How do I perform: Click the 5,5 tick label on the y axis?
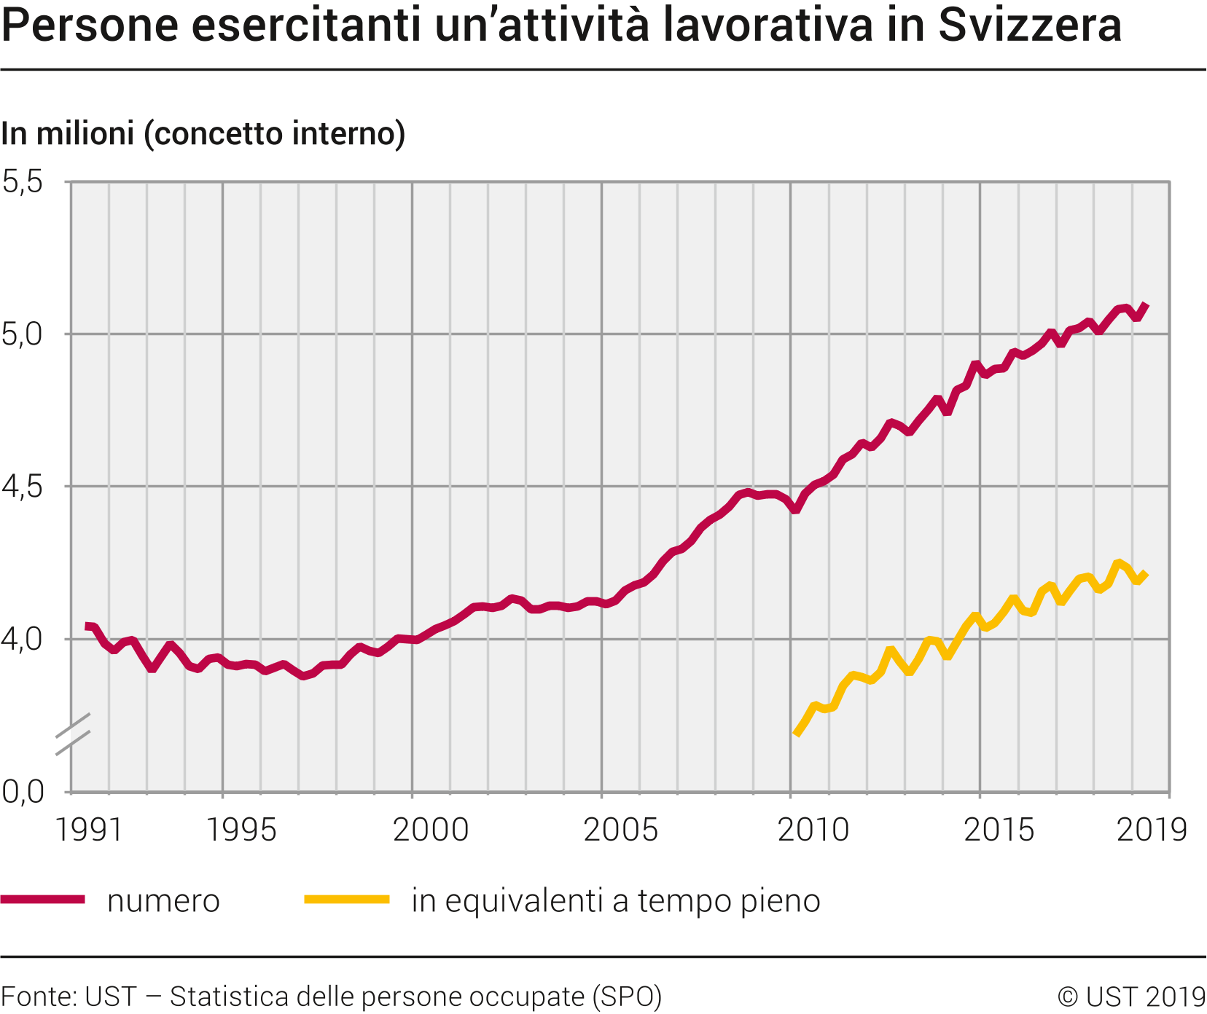(23, 182)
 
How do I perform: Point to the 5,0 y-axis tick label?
(23, 335)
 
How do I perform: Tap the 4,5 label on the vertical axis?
(23, 487)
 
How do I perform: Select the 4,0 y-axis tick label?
(23, 640)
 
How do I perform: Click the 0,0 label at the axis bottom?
(23, 792)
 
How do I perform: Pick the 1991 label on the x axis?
(89, 830)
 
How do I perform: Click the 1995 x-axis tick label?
(242, 830)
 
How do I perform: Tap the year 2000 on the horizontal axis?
(431, 830)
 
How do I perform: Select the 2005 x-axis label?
(621, 830)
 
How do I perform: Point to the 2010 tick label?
(813, 830)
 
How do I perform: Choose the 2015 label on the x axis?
(999, 830)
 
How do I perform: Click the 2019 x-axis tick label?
(1152, 830)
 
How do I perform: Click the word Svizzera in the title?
(1029, 25)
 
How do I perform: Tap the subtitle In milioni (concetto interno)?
(203, 134)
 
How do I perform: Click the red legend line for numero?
(43, 900)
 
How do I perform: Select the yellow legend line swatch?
(347, 900)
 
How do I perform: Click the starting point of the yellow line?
(797, 734)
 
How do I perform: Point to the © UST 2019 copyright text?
(1131, 996)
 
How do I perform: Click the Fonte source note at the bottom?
(332, 996)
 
